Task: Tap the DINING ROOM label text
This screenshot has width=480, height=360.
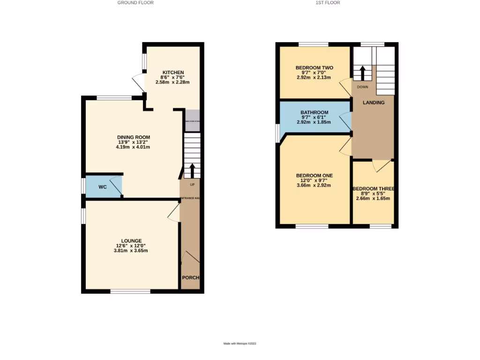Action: click(x=134, y=137)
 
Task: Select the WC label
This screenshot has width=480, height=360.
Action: click(x=103, y=187)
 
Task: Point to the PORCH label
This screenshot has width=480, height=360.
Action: click(x=191, y=277)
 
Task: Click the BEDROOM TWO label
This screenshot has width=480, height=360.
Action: click(x=314, y=68)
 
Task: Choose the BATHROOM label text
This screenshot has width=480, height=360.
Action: click(x=314, y=112)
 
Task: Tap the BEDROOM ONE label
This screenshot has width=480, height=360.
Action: click(x=314, y=176)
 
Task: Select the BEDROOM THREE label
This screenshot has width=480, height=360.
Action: click(x=373, y=189)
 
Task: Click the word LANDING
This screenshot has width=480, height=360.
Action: click(x=374, y=103)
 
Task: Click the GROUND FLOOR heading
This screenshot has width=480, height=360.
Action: click(x=135, y=3)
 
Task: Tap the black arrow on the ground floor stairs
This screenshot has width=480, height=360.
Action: click(x=192, y=170)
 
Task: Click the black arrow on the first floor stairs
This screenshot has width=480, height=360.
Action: click(x=362, y=73)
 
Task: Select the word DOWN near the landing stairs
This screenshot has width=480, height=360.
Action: click(x=362, y=87)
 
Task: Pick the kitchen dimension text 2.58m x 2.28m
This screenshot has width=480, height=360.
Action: click(x=172, y=82)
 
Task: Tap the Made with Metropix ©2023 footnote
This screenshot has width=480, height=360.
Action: click(x=240, y=344)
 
